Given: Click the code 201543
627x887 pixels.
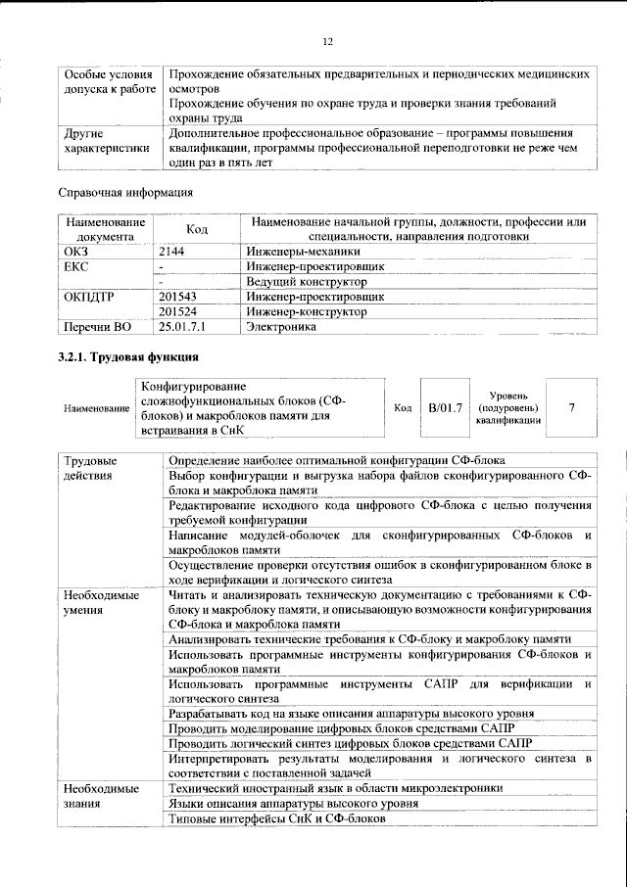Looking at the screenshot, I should coord(177,296).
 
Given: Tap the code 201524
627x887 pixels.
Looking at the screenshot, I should coord(177,311).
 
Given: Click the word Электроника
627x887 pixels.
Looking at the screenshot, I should coord(281,327).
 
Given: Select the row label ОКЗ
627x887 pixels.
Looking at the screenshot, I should coord(75,252).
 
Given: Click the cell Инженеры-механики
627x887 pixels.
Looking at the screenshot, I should coord(297,252).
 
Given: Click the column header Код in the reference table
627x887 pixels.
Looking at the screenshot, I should coord(197,229).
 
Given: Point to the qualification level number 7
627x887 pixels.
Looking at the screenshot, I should coord(571,406).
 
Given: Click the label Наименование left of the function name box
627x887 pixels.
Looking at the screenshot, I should coord(96,407).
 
